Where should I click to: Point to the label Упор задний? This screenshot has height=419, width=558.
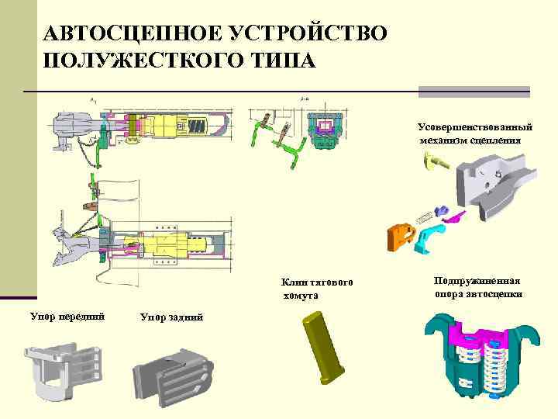pyautogui.click(x=171, y=317)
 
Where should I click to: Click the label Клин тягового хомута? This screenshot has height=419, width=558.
pyautogui.click(x=317, y=289)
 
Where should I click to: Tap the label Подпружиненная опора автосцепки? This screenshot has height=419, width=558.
pyautogui.click(x=478, y=287)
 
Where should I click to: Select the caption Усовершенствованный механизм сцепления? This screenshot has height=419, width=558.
pyautogui.click(x=476, y=133)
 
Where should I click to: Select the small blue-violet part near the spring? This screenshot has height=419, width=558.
pyautogui.click(x=443, y=210)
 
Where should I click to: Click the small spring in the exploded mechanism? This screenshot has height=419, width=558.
pyautogui.click(x=425, y=219)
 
